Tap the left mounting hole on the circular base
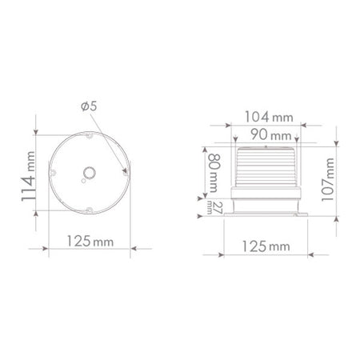tap(52, 173)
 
